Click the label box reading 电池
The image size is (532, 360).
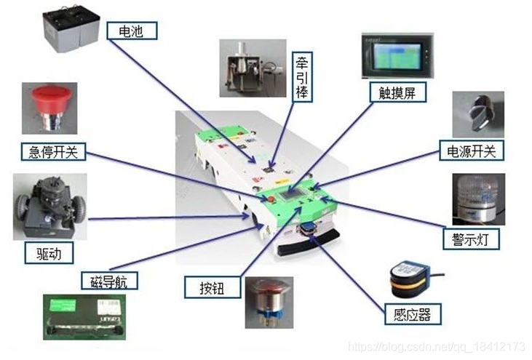click(132, 31)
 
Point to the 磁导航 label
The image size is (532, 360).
click(106, 281)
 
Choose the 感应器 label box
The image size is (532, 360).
click(413, 315)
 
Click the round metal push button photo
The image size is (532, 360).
click(269, 301)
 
